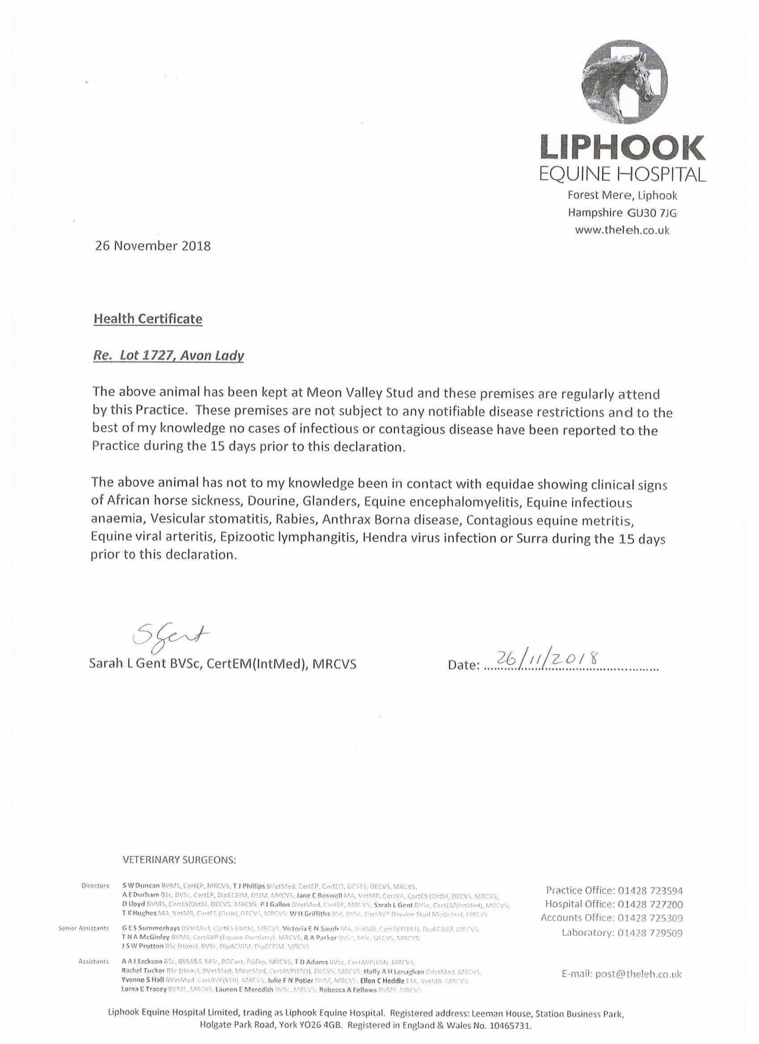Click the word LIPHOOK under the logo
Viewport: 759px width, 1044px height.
pyautogui.click(x=622, y=149)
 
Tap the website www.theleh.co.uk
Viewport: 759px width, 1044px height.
pyautogui.click(x=622, y=230)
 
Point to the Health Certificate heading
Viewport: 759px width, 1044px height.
pyautogui.click(x=148, y=318)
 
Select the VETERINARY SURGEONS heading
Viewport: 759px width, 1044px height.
pyautogui.click(x=179, y=859)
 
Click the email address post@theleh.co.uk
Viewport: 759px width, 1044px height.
pyautogui.click(x=638, y=973)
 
